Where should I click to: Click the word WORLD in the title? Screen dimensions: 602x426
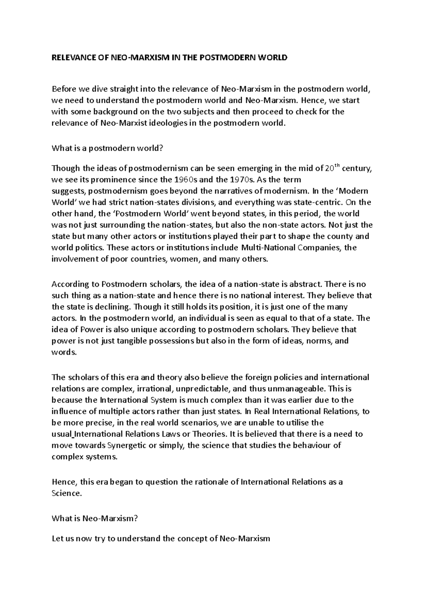click(273, 58)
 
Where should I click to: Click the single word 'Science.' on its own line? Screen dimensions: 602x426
click(67, 494)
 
